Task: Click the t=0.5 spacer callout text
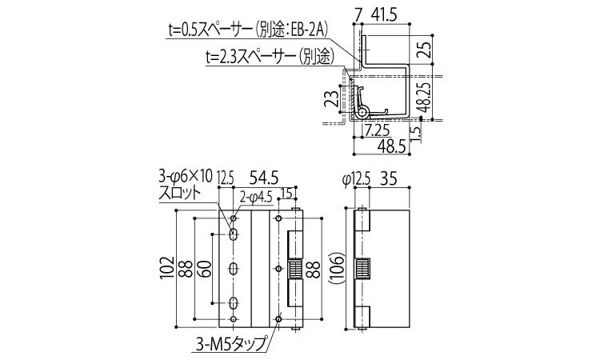pyautogui.click(x=249, y=31)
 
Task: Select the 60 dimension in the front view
pyautogui.click(x=206, y=270)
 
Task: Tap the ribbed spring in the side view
pyautogui.click(x=364, y=269)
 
